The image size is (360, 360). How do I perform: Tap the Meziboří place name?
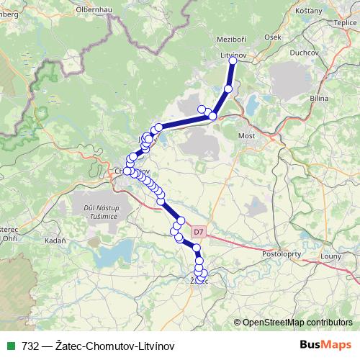click(x=233, y=41)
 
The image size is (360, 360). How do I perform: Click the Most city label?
click(x=248, y=135)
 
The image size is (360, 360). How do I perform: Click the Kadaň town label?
click(x=55, y=240)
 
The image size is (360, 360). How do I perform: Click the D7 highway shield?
click(x=199, y=231)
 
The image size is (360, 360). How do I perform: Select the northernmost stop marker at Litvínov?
click(x=233, y=61)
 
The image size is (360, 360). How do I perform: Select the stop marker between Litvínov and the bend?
click(x=228, y=89)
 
